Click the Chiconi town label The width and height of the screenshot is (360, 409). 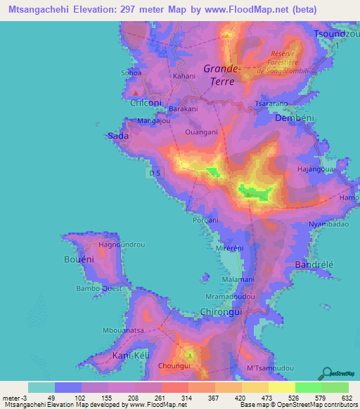146,103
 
